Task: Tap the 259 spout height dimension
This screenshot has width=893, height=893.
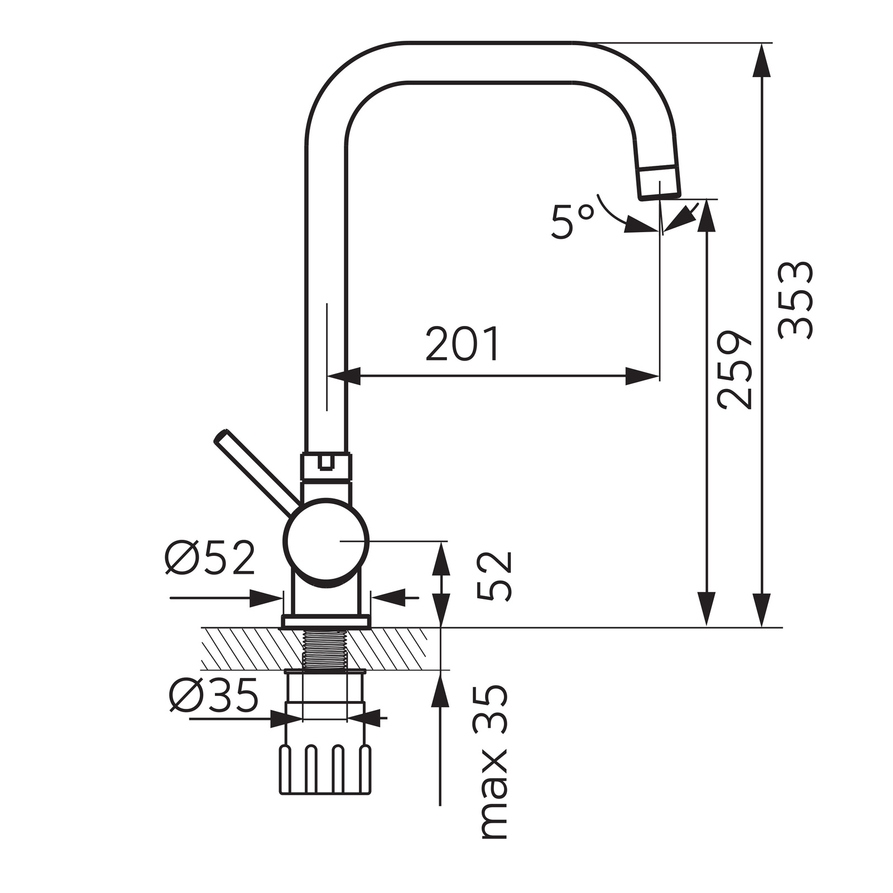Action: point(736,370)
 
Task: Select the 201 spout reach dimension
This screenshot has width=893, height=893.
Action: point(463,344)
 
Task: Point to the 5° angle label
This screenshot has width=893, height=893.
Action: point(572,222)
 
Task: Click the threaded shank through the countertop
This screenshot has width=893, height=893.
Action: point(325,648)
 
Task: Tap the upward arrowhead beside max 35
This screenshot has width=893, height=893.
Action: point(441,689)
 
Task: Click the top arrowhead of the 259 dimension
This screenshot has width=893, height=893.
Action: point(707,215)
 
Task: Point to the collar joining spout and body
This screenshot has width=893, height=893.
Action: point(327,467)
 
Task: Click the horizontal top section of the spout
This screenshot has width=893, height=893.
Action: point(491,61)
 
